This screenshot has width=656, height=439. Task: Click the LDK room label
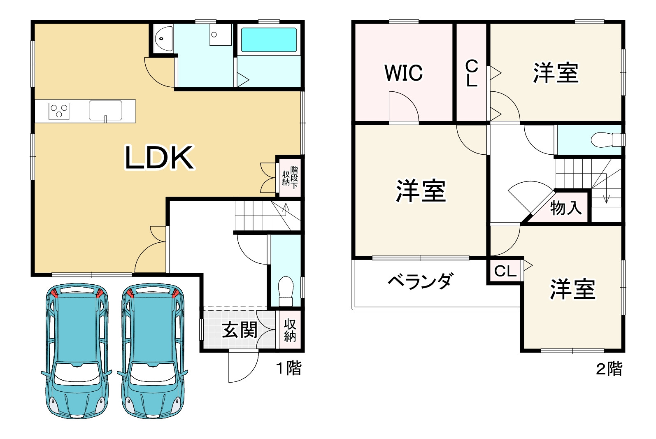pyautogui.click(x=159, y=158)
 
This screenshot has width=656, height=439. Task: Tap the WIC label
pyautogui.click(x=403, y=73)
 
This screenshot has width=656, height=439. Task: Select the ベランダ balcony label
pyautogui.click(x=420, y=281)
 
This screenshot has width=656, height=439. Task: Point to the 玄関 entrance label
pyautogui.click(x=240, y=330)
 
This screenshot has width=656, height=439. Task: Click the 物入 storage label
pyautogui.click(x=566, y=208)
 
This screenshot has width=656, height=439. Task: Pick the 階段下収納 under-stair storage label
pyautogui.click(x=290, y=177)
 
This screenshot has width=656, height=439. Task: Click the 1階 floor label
pyautogui.click(x=288, y=368)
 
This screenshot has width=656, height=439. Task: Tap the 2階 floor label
pyautogui.click(x=609, y=369)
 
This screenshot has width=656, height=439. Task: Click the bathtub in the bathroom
pyautogui.click(x=269, y=39)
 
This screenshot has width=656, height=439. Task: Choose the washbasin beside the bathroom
pyautogui.click(x=163, y=39)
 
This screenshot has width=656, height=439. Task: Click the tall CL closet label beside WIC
pyautogui.click(x=472, y=73)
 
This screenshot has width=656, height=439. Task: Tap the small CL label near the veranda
pyautogui.click(x=505, y=271)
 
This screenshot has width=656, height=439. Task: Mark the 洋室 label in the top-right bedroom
pyautogui.click(x=556, y=73)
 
